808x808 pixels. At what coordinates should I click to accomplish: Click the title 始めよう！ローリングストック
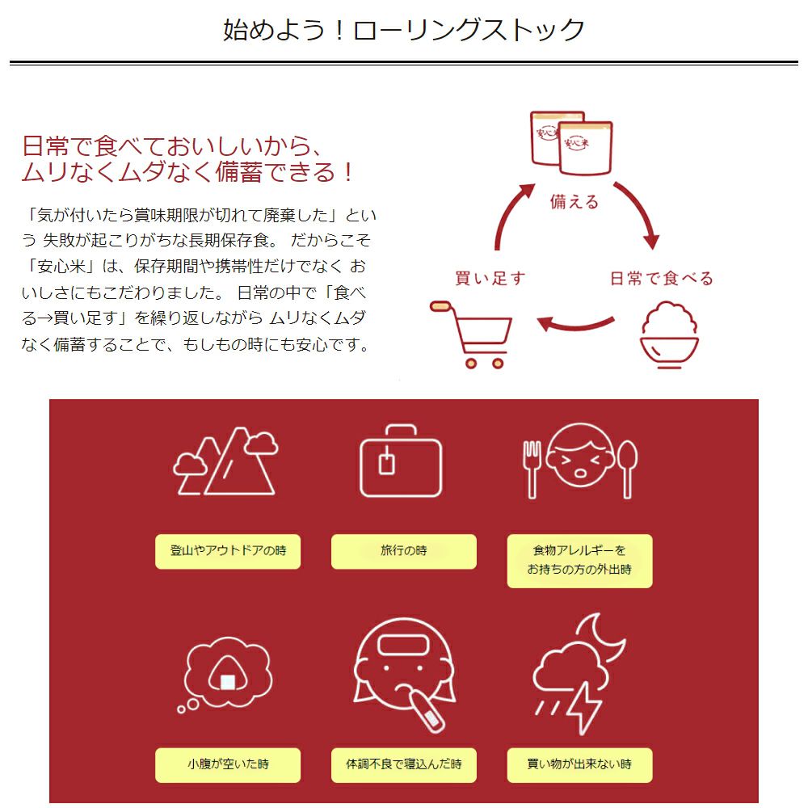click(404, 30)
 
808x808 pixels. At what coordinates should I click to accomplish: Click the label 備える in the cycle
click(574, 202)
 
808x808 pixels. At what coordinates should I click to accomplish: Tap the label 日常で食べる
click(661, 279)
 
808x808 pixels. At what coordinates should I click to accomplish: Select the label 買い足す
click(490, 279)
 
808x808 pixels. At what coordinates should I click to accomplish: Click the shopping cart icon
click(473, 333)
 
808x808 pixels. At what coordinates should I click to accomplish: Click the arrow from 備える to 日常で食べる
click(638, 214)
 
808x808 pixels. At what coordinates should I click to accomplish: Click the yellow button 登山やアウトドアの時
click(228, 552)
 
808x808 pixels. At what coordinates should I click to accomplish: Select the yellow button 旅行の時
click(403, 552)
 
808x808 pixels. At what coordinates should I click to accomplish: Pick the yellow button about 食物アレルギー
click(579, 561)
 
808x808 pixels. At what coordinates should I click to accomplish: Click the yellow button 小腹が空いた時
click(228, 764)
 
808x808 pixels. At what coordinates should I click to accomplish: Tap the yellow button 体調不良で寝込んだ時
click(403, 764)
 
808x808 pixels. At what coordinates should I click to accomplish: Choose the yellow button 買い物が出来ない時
click(579, 764)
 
